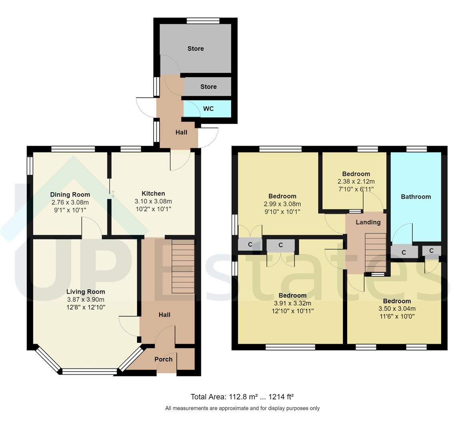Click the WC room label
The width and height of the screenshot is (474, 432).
coord(208,109)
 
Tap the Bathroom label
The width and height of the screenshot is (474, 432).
coord(416,196)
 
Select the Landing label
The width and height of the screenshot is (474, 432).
coord(368,222)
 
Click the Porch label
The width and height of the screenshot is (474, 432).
coord(164,359)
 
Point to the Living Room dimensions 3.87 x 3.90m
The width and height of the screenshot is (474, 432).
coord(86,299)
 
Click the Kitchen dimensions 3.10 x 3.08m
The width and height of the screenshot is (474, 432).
coord(153,201)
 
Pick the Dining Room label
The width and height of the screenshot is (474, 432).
coord(70,194)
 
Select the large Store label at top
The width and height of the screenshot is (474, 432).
coord(196,48)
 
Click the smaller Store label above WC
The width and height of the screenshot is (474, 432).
coord(208,86)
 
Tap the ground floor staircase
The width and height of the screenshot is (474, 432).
coord(183,266)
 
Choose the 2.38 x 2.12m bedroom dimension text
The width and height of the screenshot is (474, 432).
coord(356,181)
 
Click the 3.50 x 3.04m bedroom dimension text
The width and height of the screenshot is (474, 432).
coord(397,308)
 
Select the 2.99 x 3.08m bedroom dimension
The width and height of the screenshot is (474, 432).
coord(282,204)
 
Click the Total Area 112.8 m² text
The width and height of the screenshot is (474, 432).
coord(242,397)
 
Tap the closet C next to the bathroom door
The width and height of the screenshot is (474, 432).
coord(404,252)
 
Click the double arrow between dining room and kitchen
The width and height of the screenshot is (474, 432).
coord(113,194)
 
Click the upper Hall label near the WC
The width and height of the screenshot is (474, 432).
coord(181,132)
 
